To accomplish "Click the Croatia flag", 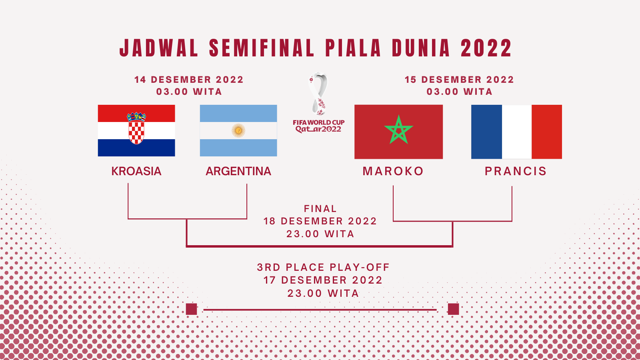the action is coord(136,130).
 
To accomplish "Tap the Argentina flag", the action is coord(238,130).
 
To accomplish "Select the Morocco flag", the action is coord(398,132).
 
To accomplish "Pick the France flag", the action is coord(516,132).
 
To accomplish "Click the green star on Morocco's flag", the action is coord(398,130).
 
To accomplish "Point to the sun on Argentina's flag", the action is coord(238,130).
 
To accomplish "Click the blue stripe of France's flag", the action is coord(486,132).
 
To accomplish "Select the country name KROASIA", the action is coord(136,171).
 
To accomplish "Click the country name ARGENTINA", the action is coord(238,171).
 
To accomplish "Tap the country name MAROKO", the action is coord(393,171).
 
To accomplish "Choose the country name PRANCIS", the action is coord(516,171).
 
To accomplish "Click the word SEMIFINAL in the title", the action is coord(262,48).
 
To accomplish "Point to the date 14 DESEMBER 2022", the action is coord(189,80).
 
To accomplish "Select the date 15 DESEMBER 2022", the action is coord(460,80).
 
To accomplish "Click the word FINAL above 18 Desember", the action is coord(320,208).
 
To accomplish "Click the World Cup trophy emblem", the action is coord(318,94).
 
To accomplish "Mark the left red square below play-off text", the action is coord(192,309).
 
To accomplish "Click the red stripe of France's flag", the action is coord(547,132).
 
